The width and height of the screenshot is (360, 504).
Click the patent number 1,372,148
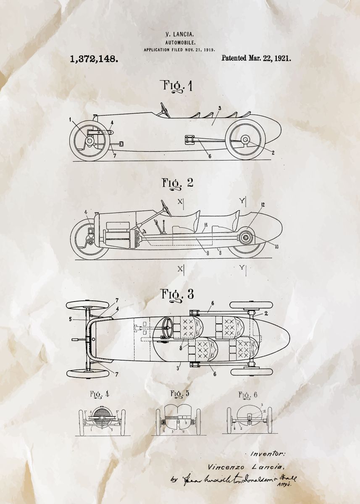(x=94, y=58)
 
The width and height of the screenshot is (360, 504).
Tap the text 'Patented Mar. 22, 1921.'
(x=256, y=58)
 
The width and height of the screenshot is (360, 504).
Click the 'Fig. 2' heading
(x=177, y=183)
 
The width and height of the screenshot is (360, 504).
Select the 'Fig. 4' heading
(x=99, y=394)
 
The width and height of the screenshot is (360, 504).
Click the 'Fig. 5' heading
(x=179, y=394)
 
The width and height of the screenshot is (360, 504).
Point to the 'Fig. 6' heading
(x=248, y=395)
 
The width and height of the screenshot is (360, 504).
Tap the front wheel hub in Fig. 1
(x=89, y=141)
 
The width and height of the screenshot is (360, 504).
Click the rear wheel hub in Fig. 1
(x=245, y=140)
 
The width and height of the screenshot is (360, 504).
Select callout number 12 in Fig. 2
(x=263, y=205)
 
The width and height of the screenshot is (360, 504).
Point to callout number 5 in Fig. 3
(x=70, y=319)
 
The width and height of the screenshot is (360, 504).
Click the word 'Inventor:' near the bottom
(x=268, y=454)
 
